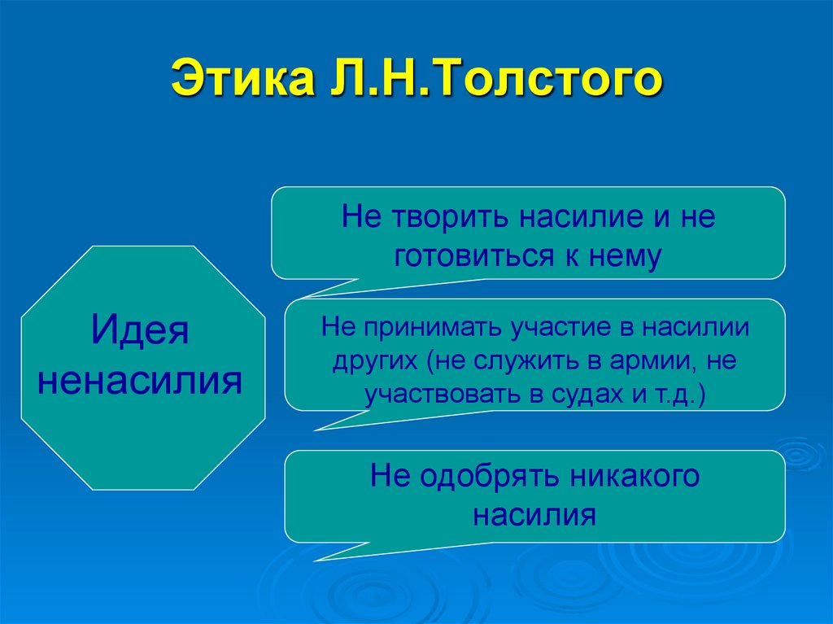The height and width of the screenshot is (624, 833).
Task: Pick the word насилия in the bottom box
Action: coord(534,514)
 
